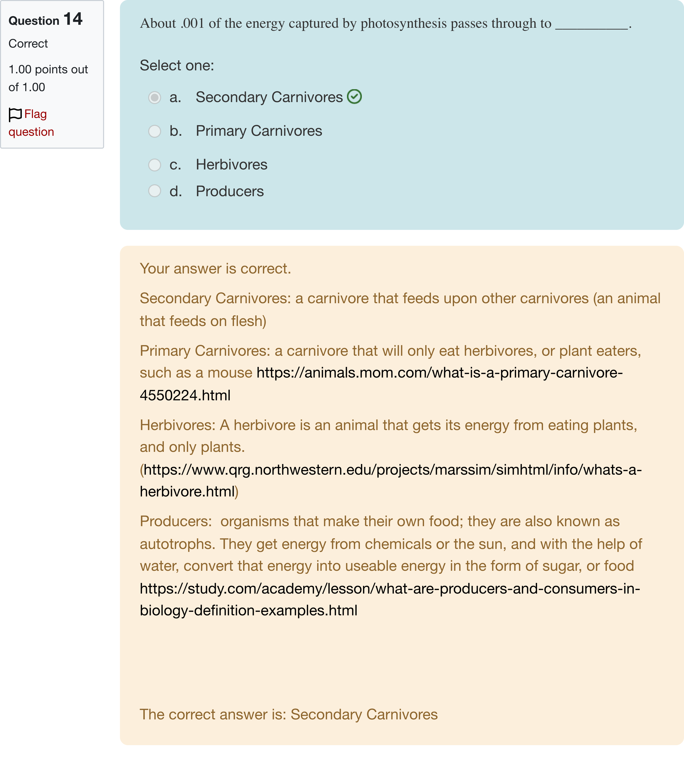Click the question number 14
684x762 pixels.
[x=73, y=19]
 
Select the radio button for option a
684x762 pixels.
[x=154, y=98]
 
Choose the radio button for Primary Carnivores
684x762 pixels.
[x=154, y=131]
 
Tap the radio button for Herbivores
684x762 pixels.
[x=154, y=165]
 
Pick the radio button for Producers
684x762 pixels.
[x=154, y=191]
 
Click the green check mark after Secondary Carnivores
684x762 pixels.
[x=354, y=97]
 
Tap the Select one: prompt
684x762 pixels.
[x=177, y=65]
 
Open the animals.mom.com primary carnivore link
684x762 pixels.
[x=439, y=373]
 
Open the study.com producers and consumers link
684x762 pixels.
[x=390, y=588]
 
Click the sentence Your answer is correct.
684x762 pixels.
[x=215, y=269]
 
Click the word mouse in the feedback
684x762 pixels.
[x=230, y=373]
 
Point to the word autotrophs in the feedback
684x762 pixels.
[x=177, y=544]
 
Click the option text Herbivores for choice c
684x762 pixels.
[x=231, y=164]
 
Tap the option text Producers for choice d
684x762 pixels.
[x=230, y=191]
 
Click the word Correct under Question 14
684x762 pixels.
[x=28, y=44]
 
